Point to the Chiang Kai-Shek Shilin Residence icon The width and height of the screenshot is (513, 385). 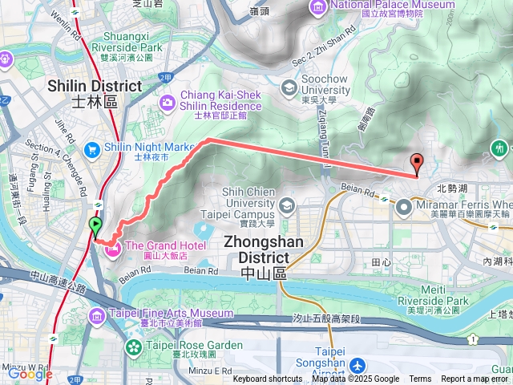pyautogui.click(x=167, y=102)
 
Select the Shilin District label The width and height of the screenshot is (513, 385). pyautogui.click(x=95, y=93)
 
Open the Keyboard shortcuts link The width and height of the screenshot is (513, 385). pyautogui.click(x=268, y=379)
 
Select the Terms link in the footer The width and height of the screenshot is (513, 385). pyautogui.click(x=420, y=379)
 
